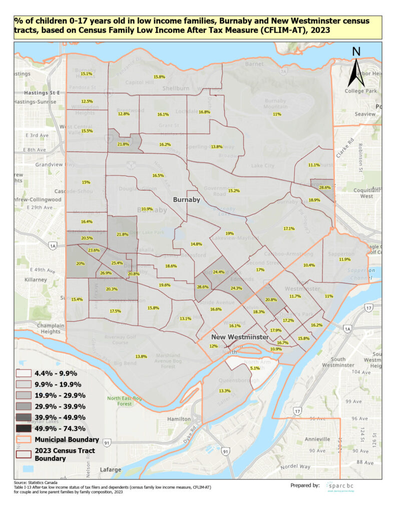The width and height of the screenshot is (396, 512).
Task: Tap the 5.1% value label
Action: click(x=255, y=368)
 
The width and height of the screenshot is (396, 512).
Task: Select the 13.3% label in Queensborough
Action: click(x=225, y=390)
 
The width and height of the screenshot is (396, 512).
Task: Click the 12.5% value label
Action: click(x=87, y=101)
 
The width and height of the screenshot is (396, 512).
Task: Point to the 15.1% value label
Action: click(x=87, y=74)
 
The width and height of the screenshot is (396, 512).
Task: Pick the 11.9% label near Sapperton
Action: click(x=344, y=259)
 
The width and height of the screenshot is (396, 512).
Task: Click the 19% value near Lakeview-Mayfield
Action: click(x=230, y=233)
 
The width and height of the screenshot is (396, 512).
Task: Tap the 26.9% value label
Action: click(x=106, y=273)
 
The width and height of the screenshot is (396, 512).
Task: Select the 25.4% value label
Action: click(x=117, y=263)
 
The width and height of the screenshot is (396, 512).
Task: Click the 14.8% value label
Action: click(x=196, y=244)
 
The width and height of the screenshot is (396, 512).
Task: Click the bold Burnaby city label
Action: click(x=187, y=199)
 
